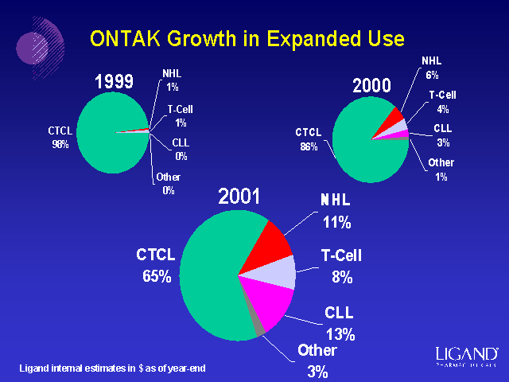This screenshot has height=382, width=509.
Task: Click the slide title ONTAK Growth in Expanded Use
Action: point(247,38)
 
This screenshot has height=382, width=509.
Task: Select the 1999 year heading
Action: point(114,81)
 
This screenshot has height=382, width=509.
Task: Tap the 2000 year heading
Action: point(374,85)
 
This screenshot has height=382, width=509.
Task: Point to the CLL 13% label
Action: point(340,322)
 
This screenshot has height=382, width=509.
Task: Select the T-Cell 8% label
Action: point(342,266)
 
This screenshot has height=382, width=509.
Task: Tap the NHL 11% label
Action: point(336,210)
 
